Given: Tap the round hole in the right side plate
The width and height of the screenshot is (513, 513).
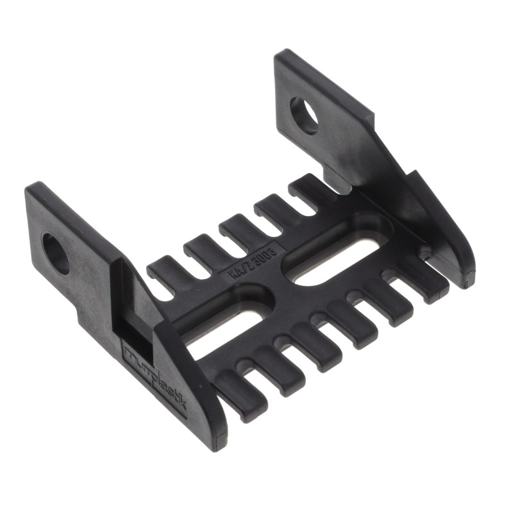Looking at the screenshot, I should pos(303,115).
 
